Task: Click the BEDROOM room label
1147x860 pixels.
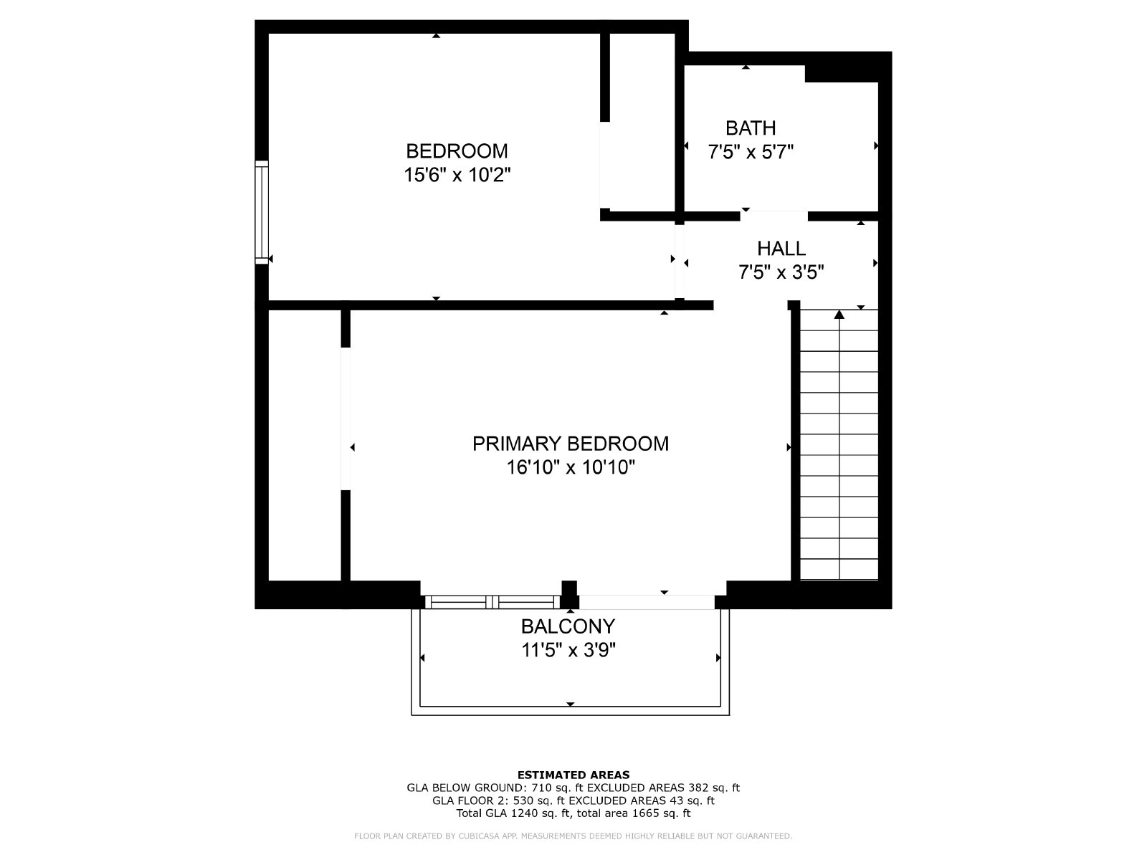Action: (457, 151)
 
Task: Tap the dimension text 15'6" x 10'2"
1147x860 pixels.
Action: (457, 174)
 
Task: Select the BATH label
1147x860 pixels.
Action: (751, 128)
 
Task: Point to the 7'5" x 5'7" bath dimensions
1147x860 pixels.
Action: (751, 152)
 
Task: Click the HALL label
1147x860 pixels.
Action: (781, 248)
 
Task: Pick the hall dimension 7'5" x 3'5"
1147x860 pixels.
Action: (781, 272)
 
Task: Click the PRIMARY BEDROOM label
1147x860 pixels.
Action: (571, 444)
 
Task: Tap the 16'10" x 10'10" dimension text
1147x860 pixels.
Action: (571, 467)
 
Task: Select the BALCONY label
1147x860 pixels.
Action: (568, 626)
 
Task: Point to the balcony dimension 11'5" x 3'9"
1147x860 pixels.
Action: (568, 650)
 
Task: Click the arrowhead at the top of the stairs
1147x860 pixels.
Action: (839, 315)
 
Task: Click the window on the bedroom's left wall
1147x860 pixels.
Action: (262, 213)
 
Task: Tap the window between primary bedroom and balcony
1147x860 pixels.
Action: (492, 602)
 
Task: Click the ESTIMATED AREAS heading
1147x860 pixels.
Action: (573, 775)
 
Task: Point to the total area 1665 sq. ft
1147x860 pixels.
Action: (661, 813)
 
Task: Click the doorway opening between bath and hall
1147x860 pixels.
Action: (774, 216)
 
